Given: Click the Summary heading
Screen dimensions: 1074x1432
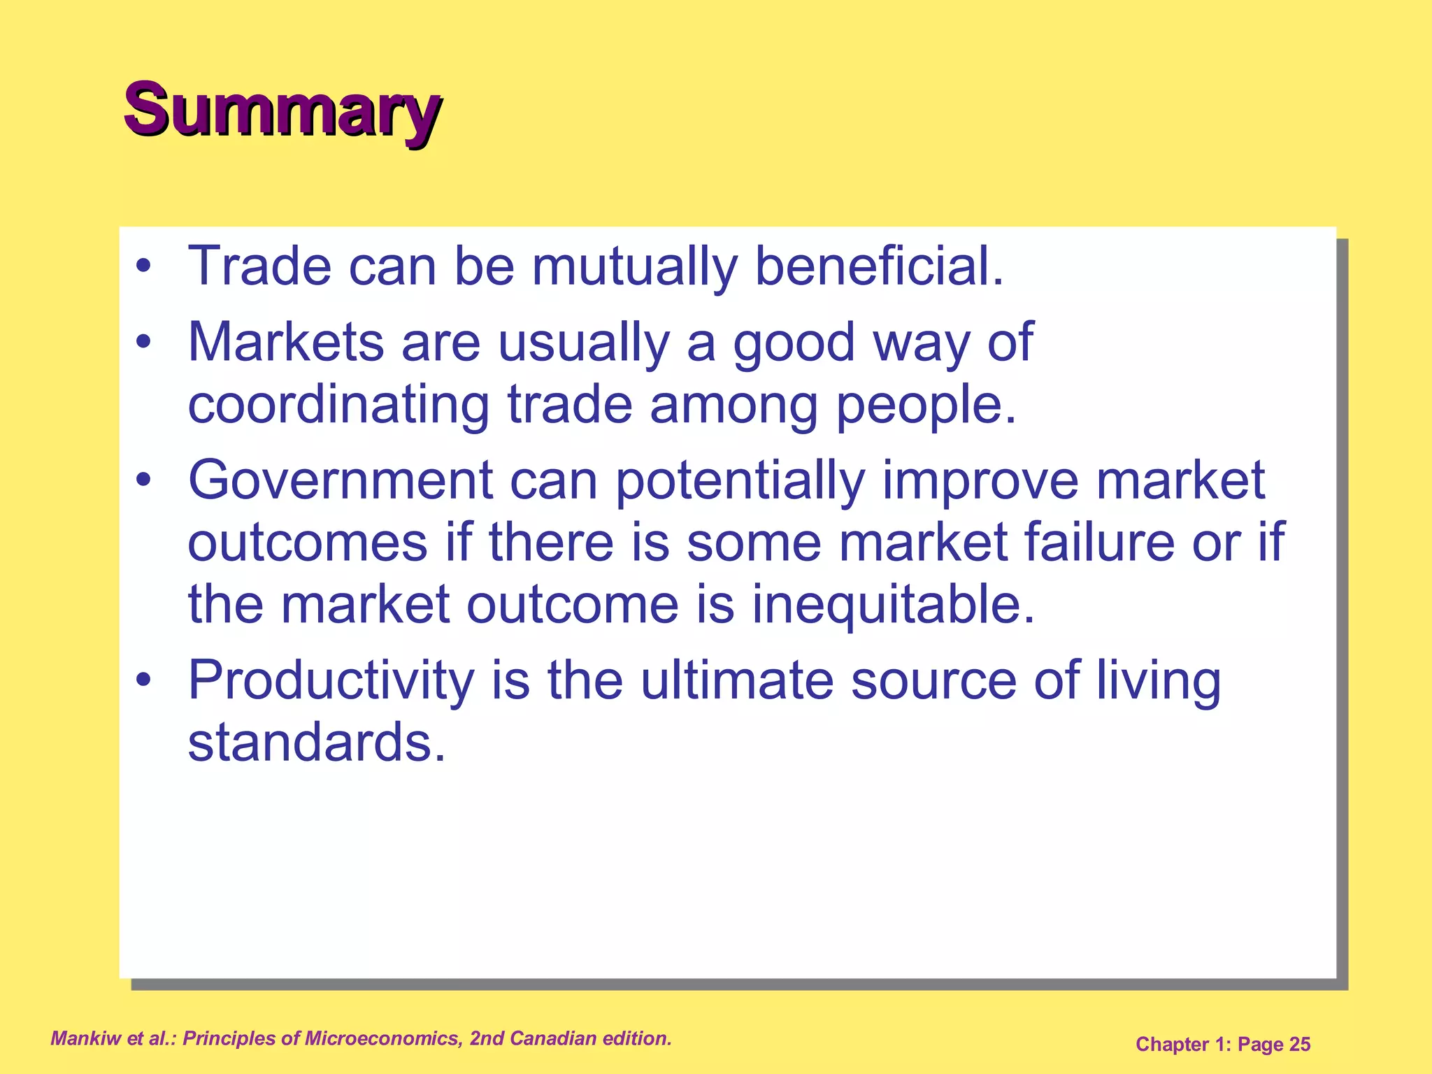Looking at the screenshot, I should tap(282, 110).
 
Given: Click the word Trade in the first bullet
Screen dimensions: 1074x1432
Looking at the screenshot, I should tap(259, 266).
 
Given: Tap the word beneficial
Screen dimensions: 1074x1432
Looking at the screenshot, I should tap(878, 266).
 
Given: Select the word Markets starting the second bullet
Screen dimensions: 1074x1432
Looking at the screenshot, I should tap(286, 343).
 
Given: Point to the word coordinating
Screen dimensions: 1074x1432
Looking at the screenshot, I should tap(338, 406).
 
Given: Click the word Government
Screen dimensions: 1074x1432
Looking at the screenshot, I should tap(341, 481).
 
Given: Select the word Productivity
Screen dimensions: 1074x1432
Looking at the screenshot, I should tap(331, 681).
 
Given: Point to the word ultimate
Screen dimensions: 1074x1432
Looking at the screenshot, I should tap(737, 681).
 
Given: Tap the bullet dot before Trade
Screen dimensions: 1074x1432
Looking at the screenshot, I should tap(143, 267).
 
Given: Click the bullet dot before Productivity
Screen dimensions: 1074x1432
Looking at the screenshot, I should tap(143, 680).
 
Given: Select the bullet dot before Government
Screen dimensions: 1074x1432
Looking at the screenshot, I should tap(143, 481).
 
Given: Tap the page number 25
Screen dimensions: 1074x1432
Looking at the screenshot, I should tap(1300, 1045).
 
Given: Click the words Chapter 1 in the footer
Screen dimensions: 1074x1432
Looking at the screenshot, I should tap(1182, 1045).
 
